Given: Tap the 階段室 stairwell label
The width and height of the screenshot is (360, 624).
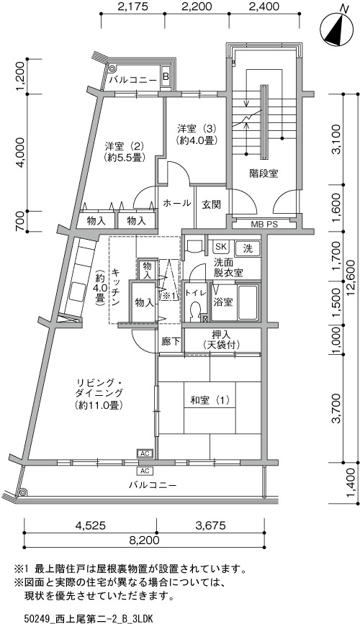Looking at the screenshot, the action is (x=264, y=173).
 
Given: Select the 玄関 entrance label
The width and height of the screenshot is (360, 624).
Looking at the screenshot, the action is (x=211, y=204).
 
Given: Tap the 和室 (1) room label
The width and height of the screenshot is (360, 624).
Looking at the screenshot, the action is (x=210, y=401).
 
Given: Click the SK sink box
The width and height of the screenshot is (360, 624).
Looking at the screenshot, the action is (x=220, y=247).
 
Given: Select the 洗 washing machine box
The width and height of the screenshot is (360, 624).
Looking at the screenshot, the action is (x=248, y=250).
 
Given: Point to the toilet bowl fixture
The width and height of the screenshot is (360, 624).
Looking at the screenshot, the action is (x=195, y=311).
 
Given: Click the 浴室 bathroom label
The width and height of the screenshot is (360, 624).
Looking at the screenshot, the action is (x=223, y=302).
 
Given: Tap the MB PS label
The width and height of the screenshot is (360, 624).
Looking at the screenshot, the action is (x=264, y=225).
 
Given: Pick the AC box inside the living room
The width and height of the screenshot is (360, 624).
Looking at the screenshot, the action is (x=145, y=453).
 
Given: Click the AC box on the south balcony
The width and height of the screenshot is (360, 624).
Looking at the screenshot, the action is (x=145, y=471).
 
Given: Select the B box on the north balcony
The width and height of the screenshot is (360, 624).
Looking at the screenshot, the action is (x=166, y=76).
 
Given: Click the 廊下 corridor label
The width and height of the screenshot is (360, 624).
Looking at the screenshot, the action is (x=171, y=341).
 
